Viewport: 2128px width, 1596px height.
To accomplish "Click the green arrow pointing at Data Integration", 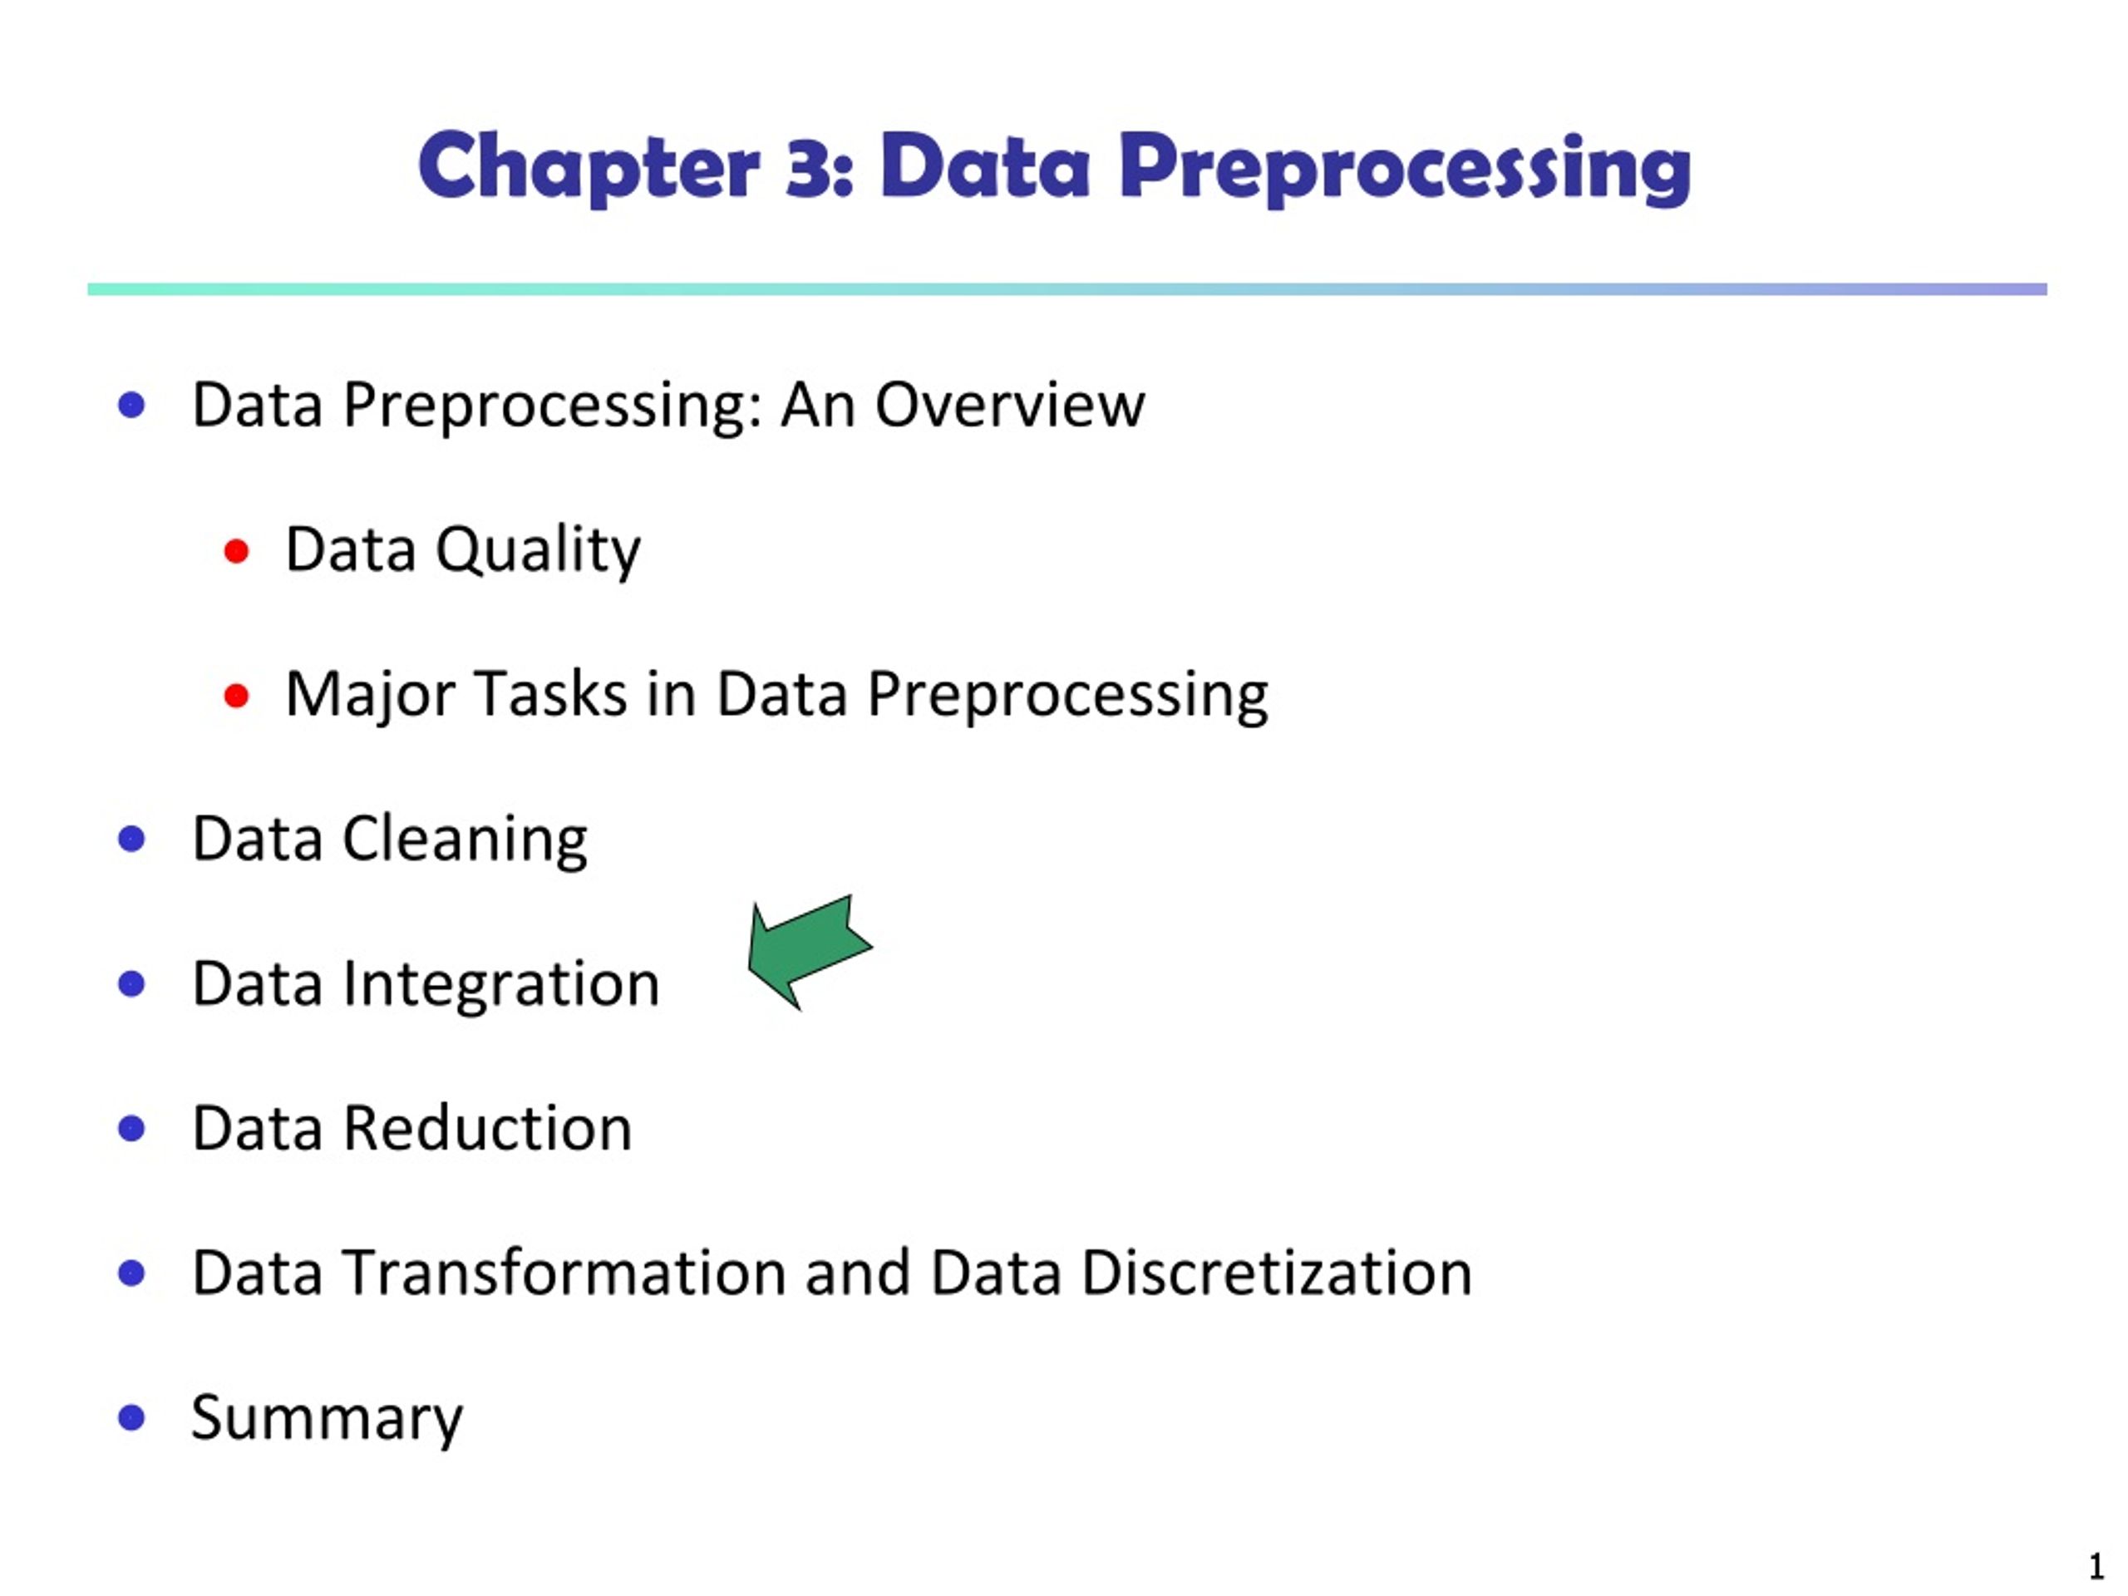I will pyautogui.click(x=806, y=950).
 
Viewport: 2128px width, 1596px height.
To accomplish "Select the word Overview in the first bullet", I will pyautogui.click(x=1009, y=405).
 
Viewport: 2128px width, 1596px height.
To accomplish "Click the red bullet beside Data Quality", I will pyautogui.click(x=237, y=551).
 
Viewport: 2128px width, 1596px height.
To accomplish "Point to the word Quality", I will pyautogui.click(x=538, y=551).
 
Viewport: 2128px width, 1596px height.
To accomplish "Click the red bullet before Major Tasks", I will pyautogui.click(x=237, y=696).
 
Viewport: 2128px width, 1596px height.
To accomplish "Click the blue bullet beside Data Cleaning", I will pyautogui.click(x=132, y=839).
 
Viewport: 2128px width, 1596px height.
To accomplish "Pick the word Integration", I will pyautogui.click(x=500, y=984).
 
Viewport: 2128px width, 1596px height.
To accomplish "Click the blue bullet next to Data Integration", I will pyautogui.click(x=132, y=983).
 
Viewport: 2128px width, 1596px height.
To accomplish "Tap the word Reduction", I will pyautogui.click(x=488, y=1129).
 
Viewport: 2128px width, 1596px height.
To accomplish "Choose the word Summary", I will pyautogui.click(x=327, y=1418).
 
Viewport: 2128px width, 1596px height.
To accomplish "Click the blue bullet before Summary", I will pyautogui.click(x=132, y=1417).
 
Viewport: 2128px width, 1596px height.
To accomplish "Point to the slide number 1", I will pyautogui.click(x=2096, y=1566).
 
